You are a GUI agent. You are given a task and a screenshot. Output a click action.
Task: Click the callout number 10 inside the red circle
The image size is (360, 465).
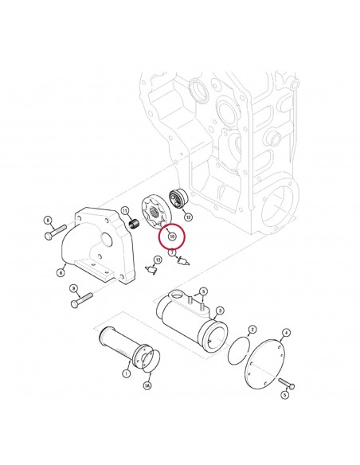pyautogui.click(x=171, y=236)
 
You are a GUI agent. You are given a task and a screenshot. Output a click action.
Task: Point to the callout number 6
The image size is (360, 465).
pyautogui.click(x=61, y=272)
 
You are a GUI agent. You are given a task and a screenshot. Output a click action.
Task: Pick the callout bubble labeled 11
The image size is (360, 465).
pyautogui.click(x=124, y=209)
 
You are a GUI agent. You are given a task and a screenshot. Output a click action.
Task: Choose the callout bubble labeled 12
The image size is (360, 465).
pyautogui.click(x=188, y=217)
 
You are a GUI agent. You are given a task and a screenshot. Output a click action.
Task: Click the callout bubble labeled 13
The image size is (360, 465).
pyautogui.click(x=157, y=260)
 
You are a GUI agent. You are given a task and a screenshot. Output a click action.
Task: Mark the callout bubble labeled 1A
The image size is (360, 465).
pyautogui.click(x=147, y=387)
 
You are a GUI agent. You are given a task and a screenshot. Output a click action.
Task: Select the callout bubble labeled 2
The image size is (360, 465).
pyautogui.click(x=252, y=328)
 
